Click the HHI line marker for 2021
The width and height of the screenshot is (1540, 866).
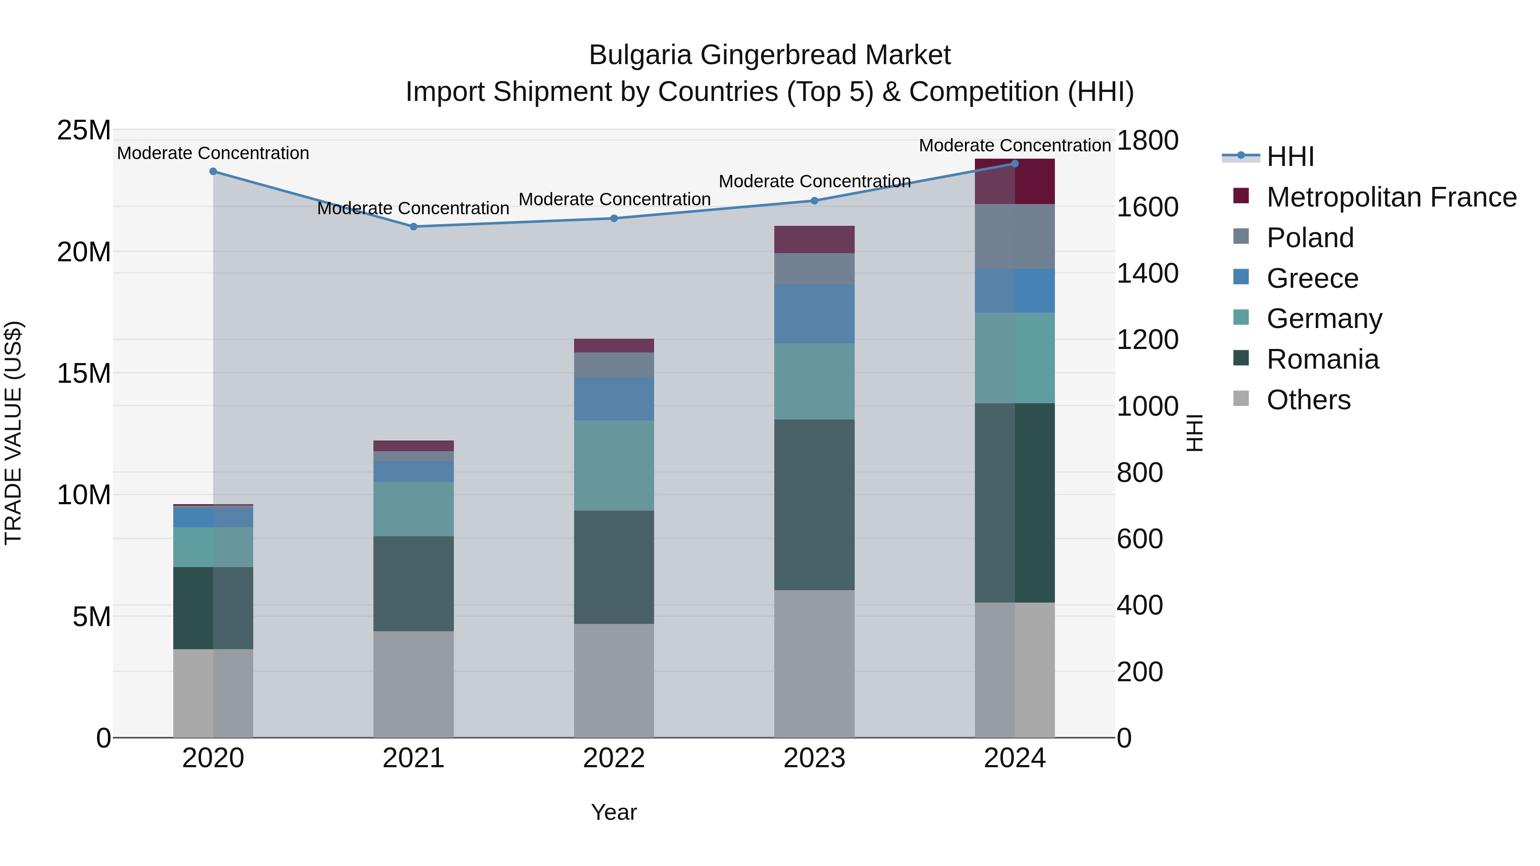coord(413,227)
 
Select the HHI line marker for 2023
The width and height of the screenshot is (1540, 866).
coord(814,201)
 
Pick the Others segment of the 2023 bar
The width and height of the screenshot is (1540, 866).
coord(814,663)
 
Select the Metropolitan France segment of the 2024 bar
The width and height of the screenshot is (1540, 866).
coord(1015,182)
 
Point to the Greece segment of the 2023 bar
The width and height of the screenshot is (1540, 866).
coord(814,314)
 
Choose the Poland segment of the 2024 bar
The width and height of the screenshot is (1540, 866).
coord(1015,236)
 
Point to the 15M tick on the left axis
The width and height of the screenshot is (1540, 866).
coord(84,373)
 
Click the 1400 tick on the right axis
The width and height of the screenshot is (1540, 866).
coord(1146,274)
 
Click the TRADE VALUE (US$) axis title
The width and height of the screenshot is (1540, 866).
coord(14,433)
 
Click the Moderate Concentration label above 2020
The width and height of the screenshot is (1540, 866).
coord(213,153)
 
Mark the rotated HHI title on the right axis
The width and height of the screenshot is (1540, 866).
coord(1194,433)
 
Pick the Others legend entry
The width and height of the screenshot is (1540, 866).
coord(1308,400)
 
